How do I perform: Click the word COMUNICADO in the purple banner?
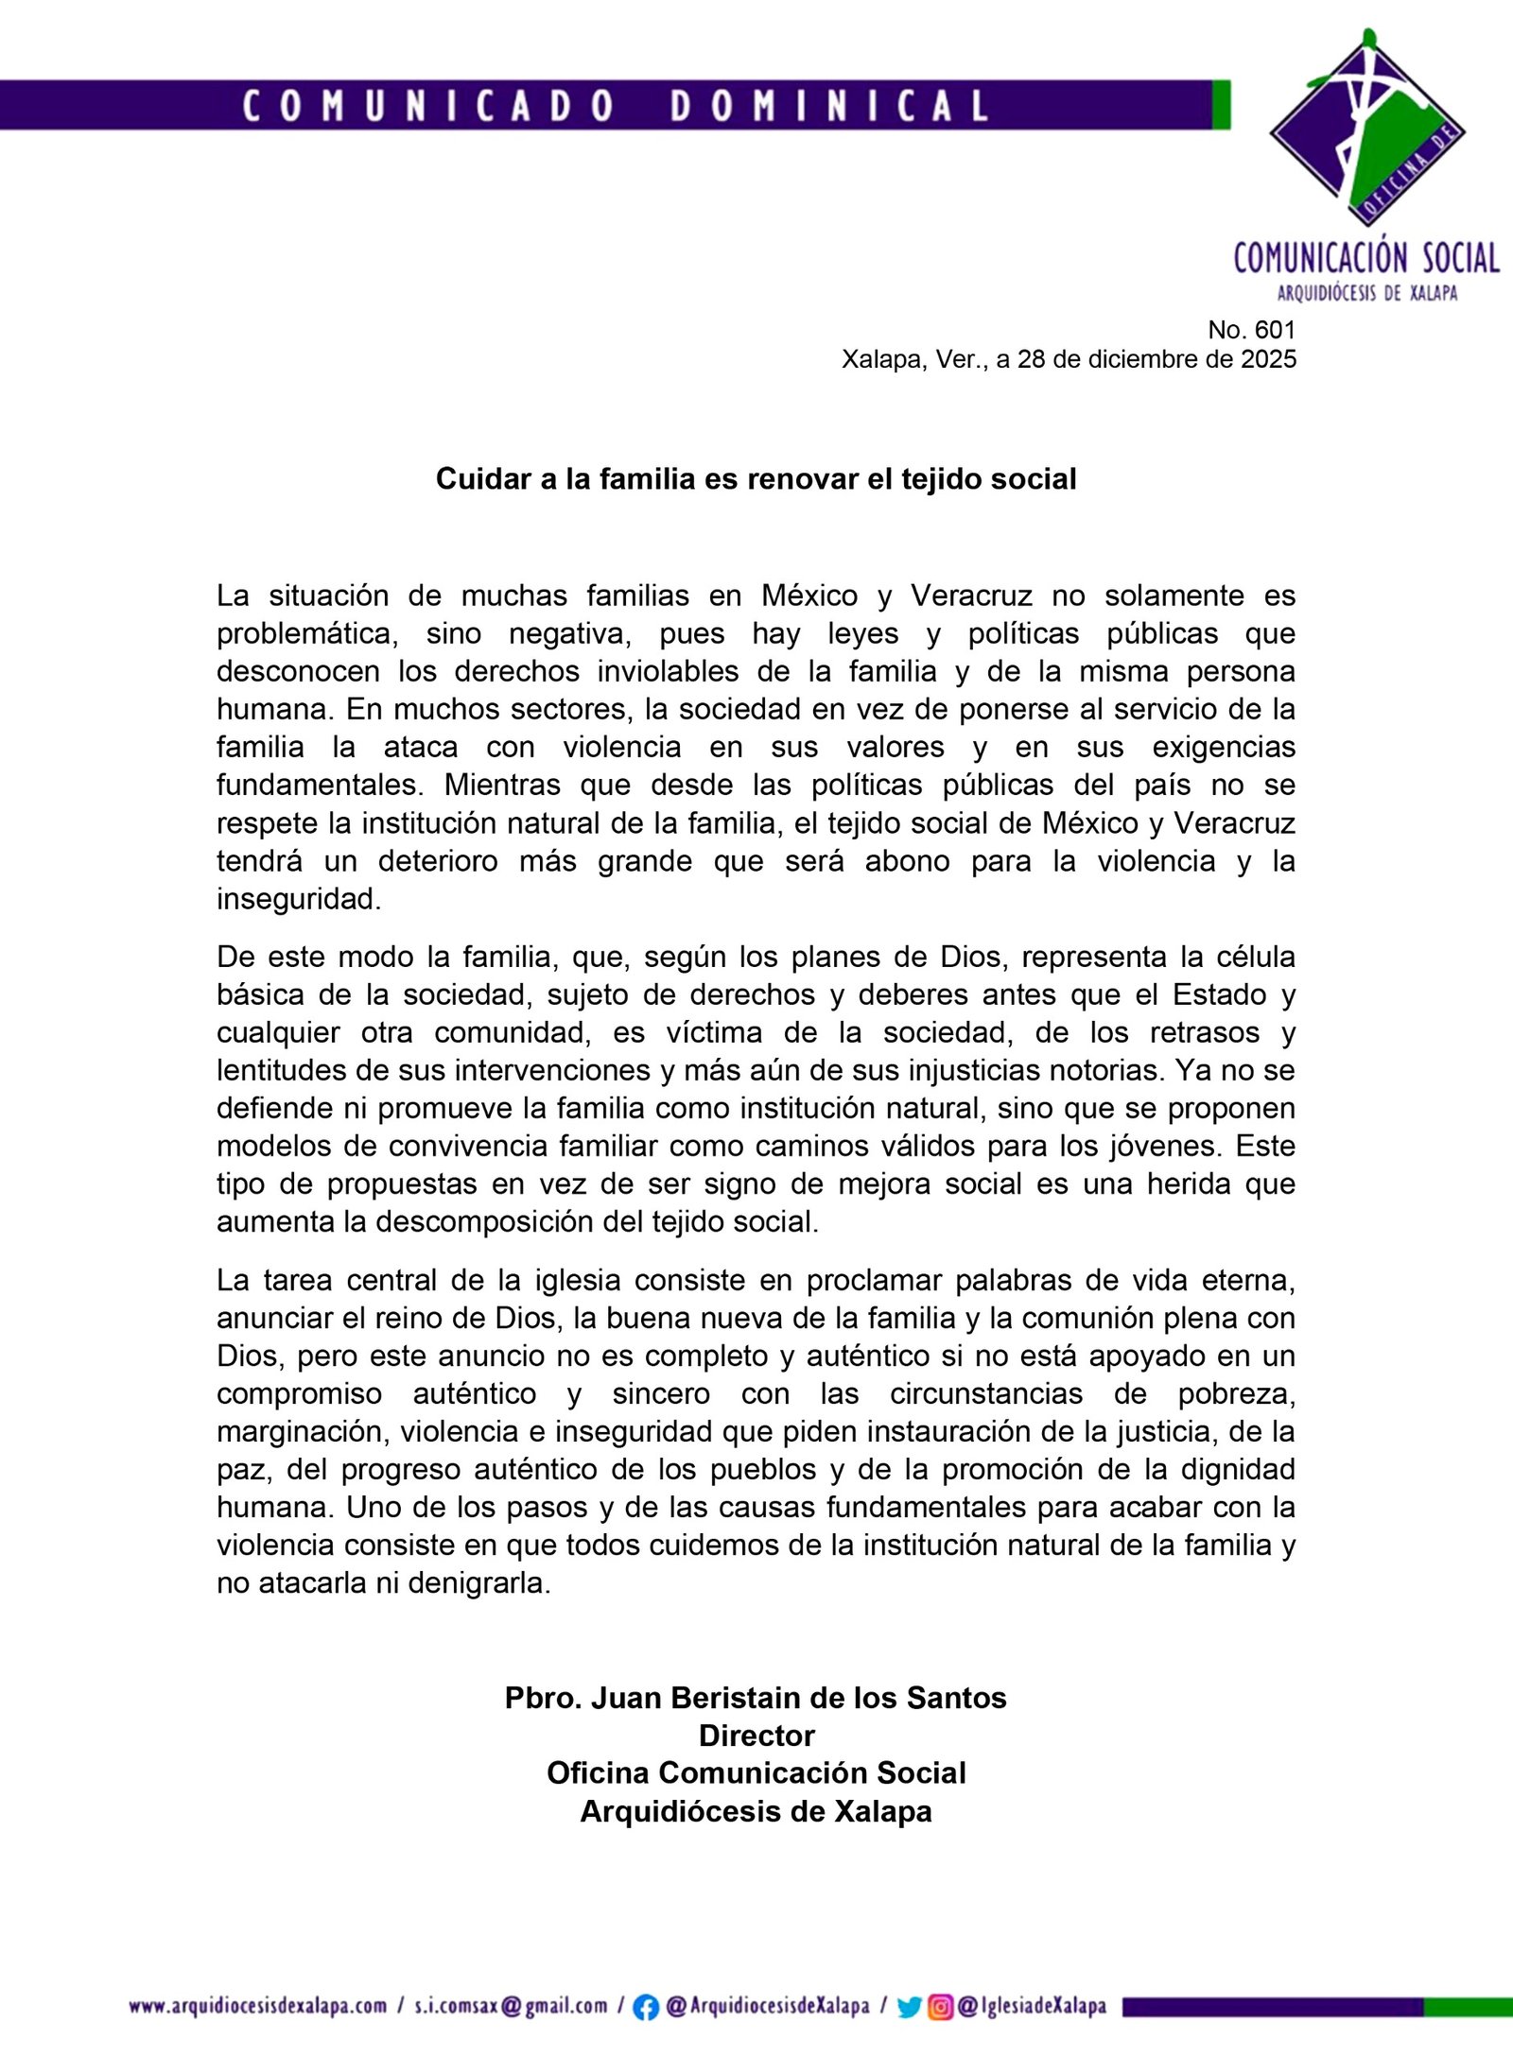[x=428, y=105]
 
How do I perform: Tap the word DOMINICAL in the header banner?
[x=829, y=105]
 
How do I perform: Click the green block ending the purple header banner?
[x=1221, y=105]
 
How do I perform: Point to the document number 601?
[x=1276, y=330]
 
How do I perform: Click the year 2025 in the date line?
[x=1268, y=359]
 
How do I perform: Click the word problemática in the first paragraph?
[x=307, y=634]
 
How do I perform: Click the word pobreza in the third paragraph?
[x=1236, y=1393]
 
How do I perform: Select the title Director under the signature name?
[x=756, y=1736]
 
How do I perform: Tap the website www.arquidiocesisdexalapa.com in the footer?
[x=258, y=2006]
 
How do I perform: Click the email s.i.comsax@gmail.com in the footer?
[x=511, y=2006]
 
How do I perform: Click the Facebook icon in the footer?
[x=646, y=2007]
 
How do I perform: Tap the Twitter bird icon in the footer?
[x=909, y=2007]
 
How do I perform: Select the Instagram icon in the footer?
[x=940, y=2007]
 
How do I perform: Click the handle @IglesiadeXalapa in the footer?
[x=1032, y=2006]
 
